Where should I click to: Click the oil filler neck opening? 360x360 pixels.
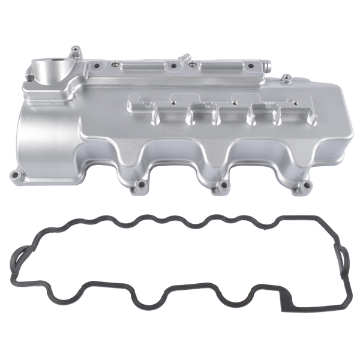tap(50, 63)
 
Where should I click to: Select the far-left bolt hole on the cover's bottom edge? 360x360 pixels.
tap(16, 176)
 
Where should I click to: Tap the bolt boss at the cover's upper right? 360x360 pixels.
tap(286, 77)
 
